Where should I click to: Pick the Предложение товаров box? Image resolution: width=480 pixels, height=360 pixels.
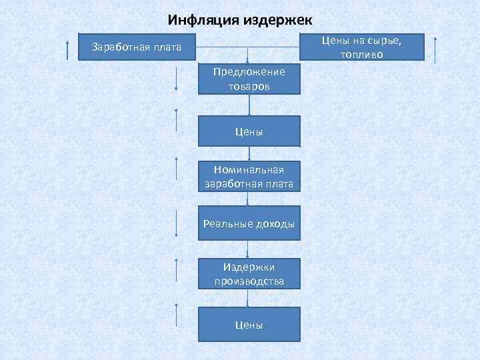pos(249,79)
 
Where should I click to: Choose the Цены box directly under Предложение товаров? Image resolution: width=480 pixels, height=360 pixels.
pos(249,131)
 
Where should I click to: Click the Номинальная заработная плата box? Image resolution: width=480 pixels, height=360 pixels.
pos(249,177)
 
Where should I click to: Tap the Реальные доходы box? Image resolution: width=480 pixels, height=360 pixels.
pos(249,224)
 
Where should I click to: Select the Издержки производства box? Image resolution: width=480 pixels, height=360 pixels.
pos(249,273)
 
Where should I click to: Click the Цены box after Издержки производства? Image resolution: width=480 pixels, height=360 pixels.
pos(249,325)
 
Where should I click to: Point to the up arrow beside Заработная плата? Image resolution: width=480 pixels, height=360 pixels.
pos(68,49)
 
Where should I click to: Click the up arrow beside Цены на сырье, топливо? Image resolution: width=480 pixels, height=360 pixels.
pos(435,49)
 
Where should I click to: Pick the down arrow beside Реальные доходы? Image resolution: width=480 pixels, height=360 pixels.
pos(176,223)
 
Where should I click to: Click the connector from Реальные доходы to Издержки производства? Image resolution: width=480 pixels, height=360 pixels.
pos(249,248)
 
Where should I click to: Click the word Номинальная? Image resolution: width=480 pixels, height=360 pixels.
pos(249,170)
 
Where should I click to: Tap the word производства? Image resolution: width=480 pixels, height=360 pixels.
pos(249,281)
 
